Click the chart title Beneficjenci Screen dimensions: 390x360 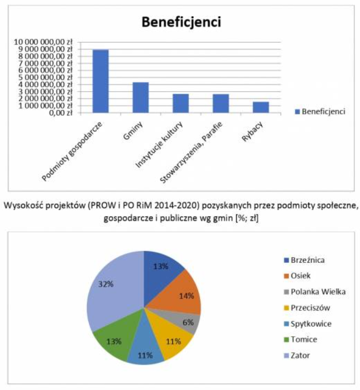coord(181,22)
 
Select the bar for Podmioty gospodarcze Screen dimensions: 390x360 coord(101,81)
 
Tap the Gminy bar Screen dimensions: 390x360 coord(141,97)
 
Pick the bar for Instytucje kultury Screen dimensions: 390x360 coord(181,103)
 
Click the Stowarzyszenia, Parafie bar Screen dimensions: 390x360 coord(221,103)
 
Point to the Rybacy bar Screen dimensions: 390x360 coord(261,107)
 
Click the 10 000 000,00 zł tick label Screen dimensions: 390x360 coord(51,42)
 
